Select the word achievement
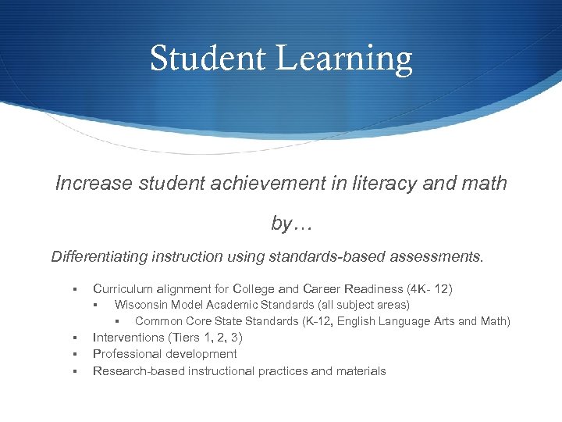tap(265, 184)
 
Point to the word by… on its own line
tap(291, 224)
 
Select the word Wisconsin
tap(143, 305)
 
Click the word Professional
tap(127, 354)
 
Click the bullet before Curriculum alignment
tap(73, 289)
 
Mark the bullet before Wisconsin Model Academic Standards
tap(94, 306)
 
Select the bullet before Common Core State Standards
tap(116, 322)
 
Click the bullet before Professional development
tap(73, 355)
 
